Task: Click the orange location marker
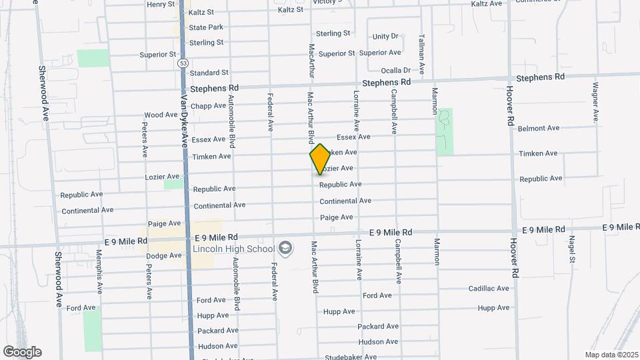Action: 320,159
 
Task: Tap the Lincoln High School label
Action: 233,249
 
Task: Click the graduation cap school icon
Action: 285,249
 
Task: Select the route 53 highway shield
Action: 183,62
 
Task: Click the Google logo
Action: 22,351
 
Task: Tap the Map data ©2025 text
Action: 610,355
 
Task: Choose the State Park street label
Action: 206,27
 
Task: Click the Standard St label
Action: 209,73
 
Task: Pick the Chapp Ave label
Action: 209,105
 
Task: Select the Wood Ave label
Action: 161,115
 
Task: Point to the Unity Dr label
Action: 385,36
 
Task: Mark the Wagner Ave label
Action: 595,102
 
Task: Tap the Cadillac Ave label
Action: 489,288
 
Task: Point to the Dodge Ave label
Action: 164,255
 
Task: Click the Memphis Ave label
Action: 99,272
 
